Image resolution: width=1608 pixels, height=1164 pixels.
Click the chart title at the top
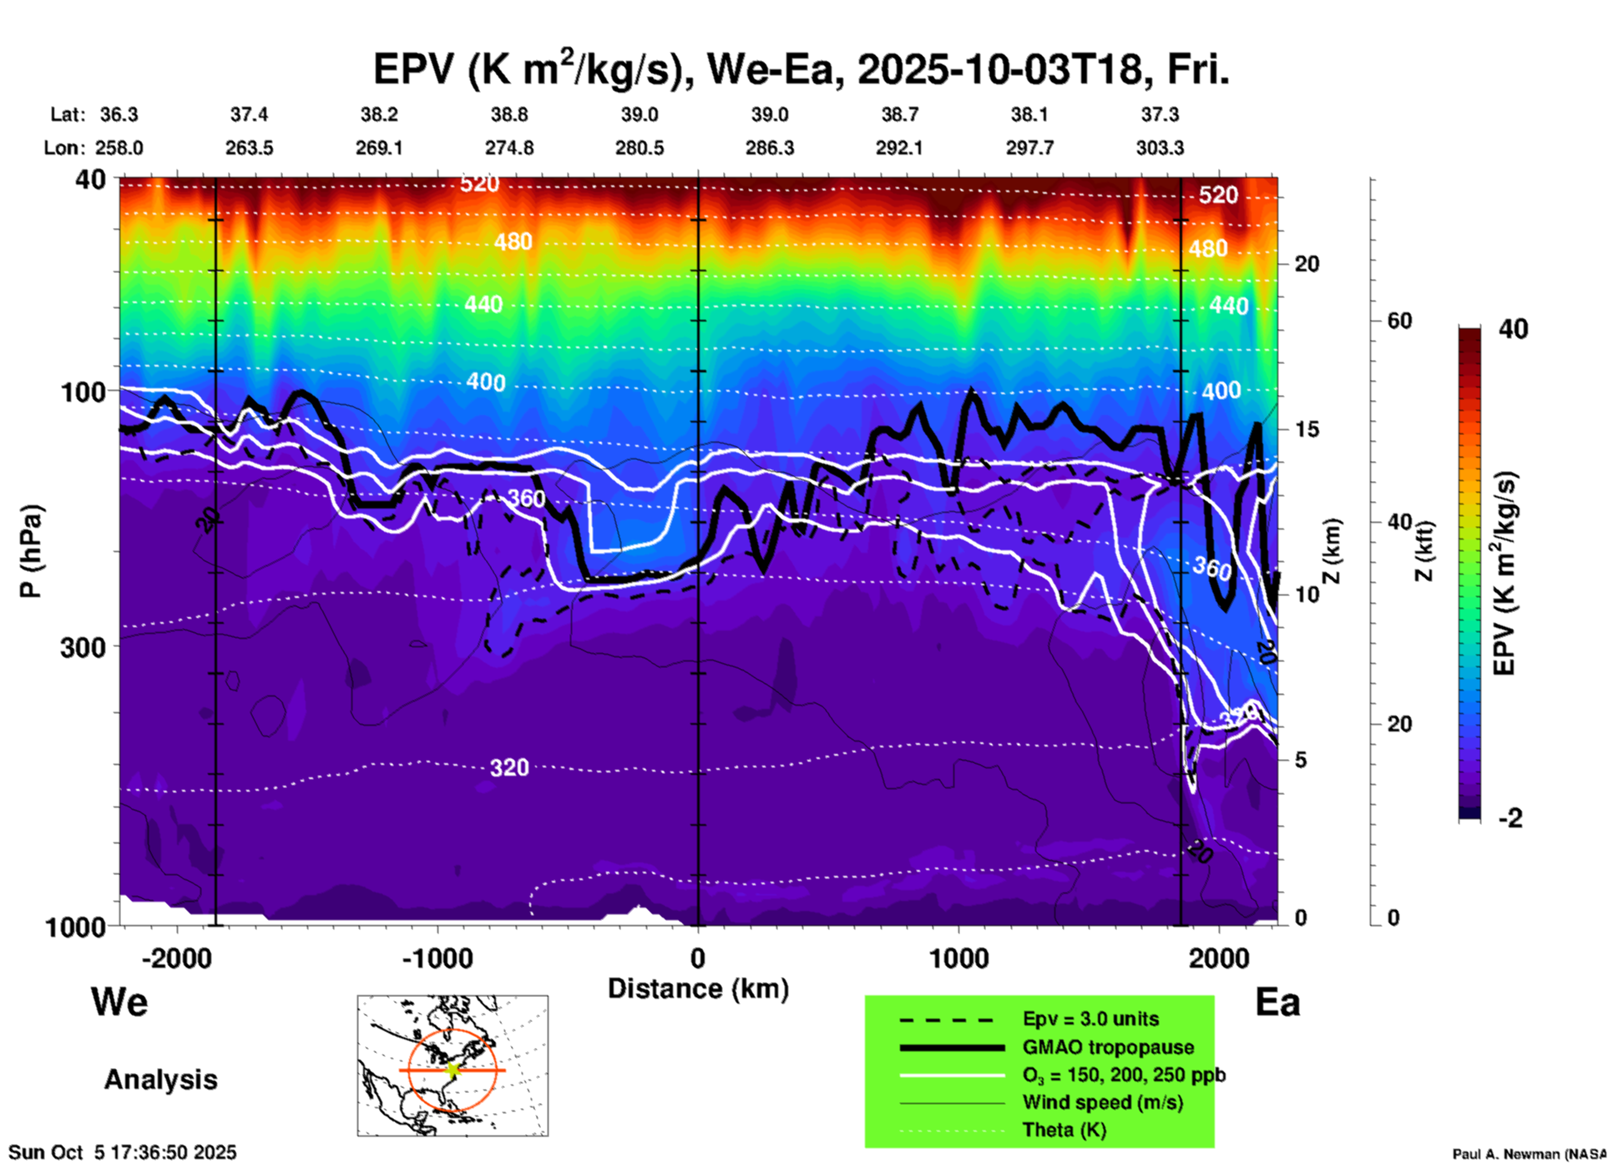800,69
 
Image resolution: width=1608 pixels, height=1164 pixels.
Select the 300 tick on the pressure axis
83,647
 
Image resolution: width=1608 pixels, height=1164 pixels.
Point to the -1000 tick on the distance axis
437,958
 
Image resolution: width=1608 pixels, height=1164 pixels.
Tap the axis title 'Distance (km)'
698,989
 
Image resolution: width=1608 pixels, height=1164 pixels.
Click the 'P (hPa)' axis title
30,551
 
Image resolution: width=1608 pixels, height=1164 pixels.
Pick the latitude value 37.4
249,114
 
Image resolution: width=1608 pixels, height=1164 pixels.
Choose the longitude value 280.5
640,148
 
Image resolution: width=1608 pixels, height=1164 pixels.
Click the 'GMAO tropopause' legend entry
1108,1047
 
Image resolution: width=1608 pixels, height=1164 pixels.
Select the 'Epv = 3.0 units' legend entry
1090,1019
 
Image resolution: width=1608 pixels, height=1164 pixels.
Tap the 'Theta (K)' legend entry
1064,1130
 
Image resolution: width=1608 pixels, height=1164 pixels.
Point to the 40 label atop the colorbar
1513,329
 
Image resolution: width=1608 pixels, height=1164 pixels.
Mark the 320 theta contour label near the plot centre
508,767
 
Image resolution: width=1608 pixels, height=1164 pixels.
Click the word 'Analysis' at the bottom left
160,1080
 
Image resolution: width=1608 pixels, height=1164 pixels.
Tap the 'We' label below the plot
119,1001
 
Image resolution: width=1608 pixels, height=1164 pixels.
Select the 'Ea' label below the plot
1277,1002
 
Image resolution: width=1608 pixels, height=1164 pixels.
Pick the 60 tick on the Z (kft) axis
1399,321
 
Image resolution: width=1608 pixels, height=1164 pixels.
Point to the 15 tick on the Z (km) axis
1307,429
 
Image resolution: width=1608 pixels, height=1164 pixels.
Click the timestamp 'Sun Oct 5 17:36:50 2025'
123,1152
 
